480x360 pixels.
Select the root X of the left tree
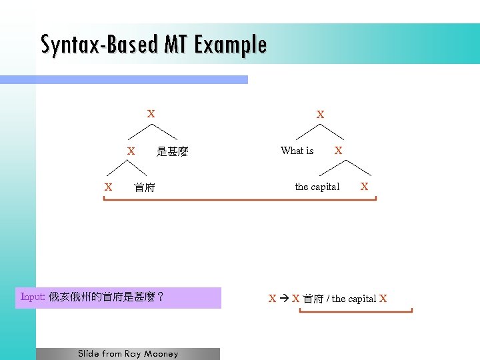pos(151,114)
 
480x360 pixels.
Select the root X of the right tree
pos(320,115)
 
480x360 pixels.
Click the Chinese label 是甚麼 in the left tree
pos(173,152)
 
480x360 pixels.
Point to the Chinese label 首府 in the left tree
pos(145,188)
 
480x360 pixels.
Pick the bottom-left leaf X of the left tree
pos(108,187)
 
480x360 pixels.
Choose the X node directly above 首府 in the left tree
pos(131,151)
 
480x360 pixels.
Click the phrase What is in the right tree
pos(297,151)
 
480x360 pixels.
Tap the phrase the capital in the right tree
pos(317,187)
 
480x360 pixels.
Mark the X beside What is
pos(338,151)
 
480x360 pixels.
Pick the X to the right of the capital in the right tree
pos(364,187)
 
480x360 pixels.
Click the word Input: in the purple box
pos(33,297)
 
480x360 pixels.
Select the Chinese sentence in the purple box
pos(107,297)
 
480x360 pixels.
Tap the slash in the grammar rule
pos(328,299)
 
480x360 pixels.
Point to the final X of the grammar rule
pos(383,299)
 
